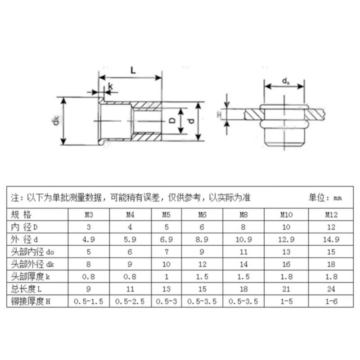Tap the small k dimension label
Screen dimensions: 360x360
[x=110, y=86]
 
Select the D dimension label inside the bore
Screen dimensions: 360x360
[x=172, y=121]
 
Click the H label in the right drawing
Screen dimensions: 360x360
[x=220, y=115]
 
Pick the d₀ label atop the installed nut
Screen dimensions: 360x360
[x=285, y=81]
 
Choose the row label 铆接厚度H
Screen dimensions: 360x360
[x=30, y=301]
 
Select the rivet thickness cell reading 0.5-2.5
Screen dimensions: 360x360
[x=129, y=301]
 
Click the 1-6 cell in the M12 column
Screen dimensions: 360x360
[x=332, y=301]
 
